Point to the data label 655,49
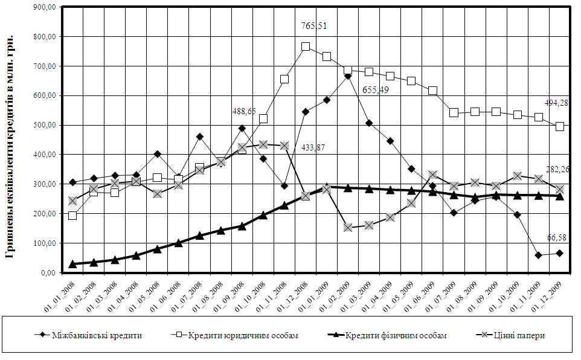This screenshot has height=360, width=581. (x=375, y=90)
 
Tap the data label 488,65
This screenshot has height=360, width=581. (x=244, y=112)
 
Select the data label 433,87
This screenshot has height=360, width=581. (x=313, y=147)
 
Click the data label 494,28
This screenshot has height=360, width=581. (x=556, y=103)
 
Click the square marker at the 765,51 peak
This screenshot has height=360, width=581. (x=306, y=47)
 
